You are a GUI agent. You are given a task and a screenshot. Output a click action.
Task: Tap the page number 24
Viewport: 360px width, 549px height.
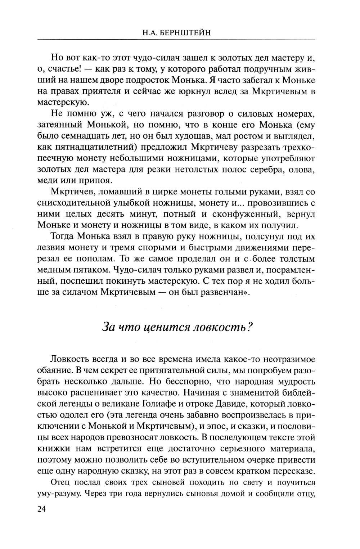pyautogui.click(x=42, y=510)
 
